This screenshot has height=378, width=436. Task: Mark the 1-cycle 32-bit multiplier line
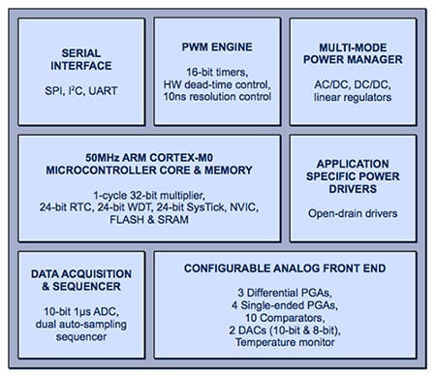click(148, 192)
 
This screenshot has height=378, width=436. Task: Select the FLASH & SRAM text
click(148, 220)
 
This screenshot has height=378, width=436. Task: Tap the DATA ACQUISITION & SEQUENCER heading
click(80, 281)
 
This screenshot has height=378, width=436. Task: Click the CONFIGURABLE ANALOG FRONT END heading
click(284, 268)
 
